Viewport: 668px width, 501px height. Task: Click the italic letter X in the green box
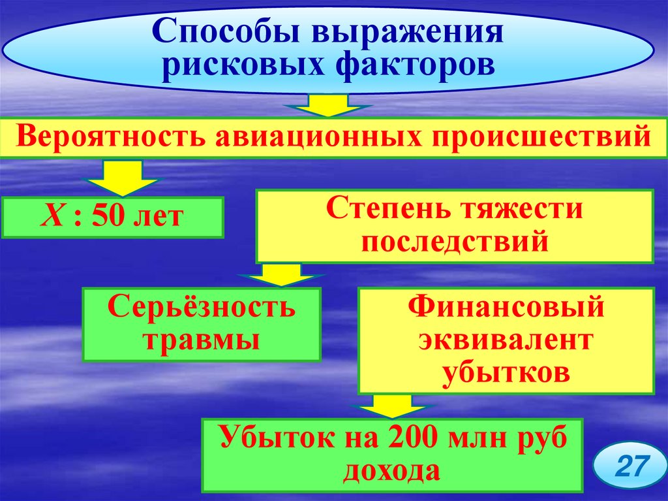[x=51, y=216]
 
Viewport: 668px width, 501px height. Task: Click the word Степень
[x=383, y=210]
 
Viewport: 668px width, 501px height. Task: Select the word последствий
[x=454, y=242]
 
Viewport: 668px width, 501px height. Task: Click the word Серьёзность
[x=201, y=308]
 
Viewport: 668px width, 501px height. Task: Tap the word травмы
[x=201, y=340]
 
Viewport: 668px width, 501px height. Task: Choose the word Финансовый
[x=506, y=307]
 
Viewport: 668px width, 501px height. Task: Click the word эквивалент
[x=506, y=340]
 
